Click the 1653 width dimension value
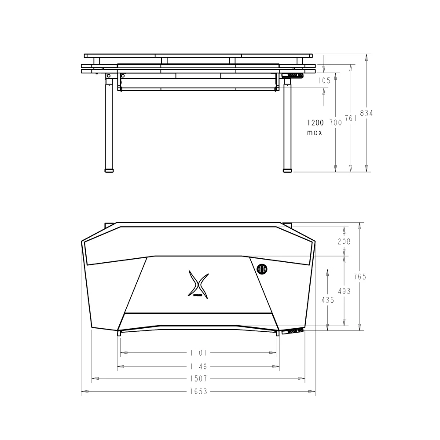198,391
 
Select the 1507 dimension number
198,378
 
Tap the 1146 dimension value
198,366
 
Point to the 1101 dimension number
198,352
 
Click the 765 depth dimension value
360,277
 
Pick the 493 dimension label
344,291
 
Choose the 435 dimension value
327,300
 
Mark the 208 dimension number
344,241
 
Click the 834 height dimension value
366,113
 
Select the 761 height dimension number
351,118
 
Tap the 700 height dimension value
335,123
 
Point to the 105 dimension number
324,81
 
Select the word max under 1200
315,132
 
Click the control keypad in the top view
293,331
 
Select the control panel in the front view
292,76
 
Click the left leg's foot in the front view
109,169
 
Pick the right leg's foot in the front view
287,169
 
